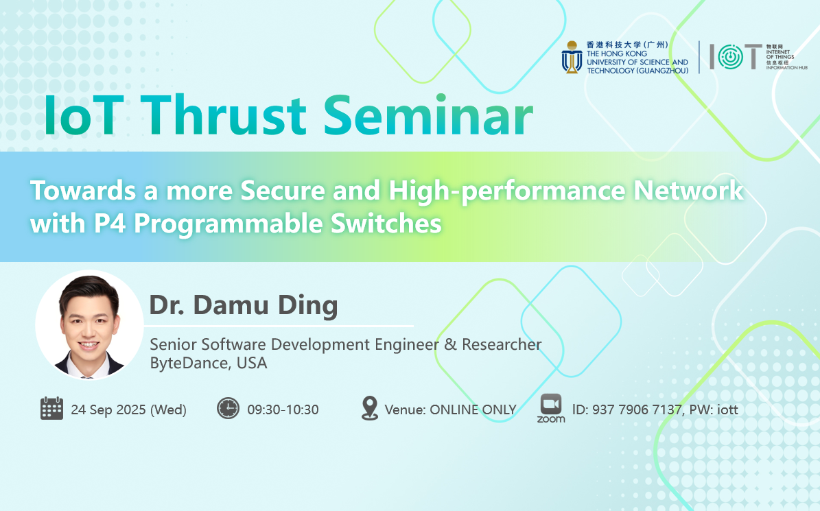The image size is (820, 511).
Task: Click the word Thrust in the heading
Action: [223, 115]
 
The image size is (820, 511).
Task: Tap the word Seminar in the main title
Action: [427, 115]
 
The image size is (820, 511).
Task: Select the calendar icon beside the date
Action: [51, 409]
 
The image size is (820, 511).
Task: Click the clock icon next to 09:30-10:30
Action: [228, 409]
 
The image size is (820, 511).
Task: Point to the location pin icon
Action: [370, 408]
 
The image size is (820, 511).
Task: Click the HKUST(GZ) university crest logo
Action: [572, 58]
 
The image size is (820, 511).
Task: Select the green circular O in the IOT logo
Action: [730, 57]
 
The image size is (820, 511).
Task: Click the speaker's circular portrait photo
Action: [89, 324]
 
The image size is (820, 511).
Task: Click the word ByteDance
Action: [190, 363]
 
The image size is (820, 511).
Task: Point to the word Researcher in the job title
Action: [502, 345]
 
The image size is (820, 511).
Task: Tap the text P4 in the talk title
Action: [109, 224]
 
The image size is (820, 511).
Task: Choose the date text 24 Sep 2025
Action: [108, 409]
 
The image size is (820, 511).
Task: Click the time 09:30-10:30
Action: [283, 409]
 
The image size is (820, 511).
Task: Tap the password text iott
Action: [727, 409]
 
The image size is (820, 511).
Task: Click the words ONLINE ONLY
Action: [473, 409]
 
